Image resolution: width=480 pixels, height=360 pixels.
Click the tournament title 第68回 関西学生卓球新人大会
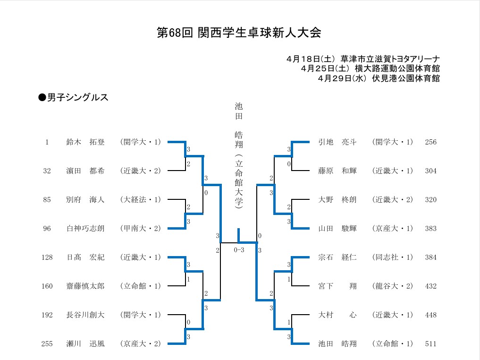[x=239, y=33]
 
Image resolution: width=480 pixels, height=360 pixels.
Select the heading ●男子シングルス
[x=73, y=97]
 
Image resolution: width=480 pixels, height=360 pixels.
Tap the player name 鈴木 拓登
[x=85, y=142]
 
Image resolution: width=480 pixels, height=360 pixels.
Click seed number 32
[x=47, y=171]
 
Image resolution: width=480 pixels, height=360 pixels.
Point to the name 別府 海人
[x=85, y=200]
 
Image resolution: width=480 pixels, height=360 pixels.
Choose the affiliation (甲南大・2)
[x=141, y=229]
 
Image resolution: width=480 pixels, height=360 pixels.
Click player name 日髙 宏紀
[x=85, y=257]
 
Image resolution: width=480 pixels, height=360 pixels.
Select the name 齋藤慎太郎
[x=85, y=286]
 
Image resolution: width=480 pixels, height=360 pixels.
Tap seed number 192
[x=47, y=315]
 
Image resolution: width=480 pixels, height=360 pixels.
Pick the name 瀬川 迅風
[x=85, y=344]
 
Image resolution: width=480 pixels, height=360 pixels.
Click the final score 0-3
[x=239, y=250]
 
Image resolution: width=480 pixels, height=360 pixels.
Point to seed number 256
[x=431, y=142]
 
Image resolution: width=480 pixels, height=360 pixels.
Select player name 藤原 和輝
[x=337, y=171]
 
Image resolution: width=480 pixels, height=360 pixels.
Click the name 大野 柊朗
[x=337, y=200]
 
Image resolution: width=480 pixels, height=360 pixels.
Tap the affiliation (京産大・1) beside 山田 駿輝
[x=393, y=229]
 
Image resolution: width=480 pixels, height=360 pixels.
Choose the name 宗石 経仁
[x=337, y=257]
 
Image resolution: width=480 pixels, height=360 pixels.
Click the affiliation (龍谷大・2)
[x=393, y=286]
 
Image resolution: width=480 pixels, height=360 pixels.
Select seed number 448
[x=431, y=315]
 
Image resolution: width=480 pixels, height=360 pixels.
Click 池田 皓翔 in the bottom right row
[x=337, y=344]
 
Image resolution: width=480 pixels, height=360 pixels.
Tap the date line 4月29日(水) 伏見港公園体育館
[x=379, y=78]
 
